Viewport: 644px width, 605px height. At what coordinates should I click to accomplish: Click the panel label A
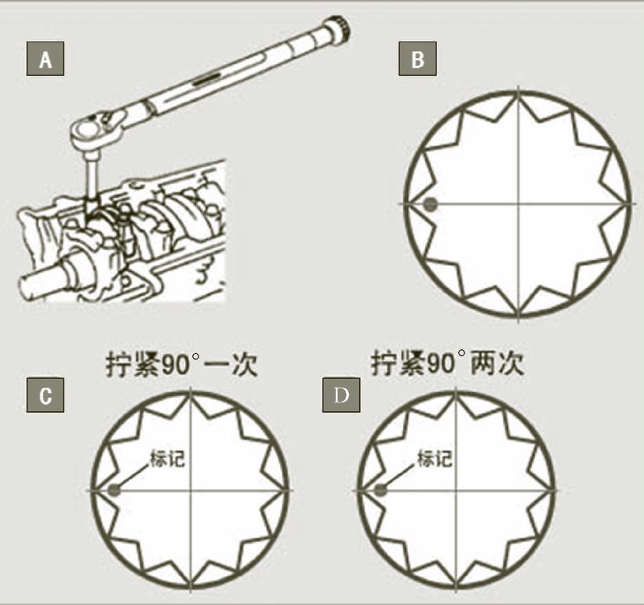pyautogui.click(x=45, y=59)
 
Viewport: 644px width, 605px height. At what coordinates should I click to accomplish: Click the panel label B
pyautogui.click(x=417, y=59)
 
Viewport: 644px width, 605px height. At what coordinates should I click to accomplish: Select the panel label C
pyautogui.click(x=45, y=395)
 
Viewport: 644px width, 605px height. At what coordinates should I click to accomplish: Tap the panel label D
pyautogui.click(x=341, y=395)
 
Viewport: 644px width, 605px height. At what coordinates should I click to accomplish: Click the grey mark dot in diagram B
pyautogui.click(x=431, y=204)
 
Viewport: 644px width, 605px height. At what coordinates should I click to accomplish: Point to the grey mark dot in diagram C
pyautogui.click(x=115, y=490)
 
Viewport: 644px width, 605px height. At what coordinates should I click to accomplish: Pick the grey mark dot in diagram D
pyautogui.click(x=381, y=490)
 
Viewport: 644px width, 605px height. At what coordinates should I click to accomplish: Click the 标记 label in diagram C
pyautogui.click(x=168, y=459)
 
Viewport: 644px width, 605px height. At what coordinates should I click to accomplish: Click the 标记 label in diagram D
pyautogui.click(x=435, y=458)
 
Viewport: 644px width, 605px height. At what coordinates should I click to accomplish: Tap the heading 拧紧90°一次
pyautogui.click(x=181, y=364)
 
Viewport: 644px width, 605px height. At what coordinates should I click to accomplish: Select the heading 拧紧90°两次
pyautogui.click(x=447, y=363)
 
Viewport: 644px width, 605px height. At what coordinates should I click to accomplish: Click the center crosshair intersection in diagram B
pyautogui.click(x=518, y=204)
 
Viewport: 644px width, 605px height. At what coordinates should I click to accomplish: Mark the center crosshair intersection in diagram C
pyautogui.click(x=191, y=490)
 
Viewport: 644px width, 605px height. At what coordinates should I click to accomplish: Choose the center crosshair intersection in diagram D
pyautogui.click(x=456, y=490)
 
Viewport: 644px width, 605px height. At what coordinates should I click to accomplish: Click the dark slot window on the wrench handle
pyautogui.click(x=207, y=78)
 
